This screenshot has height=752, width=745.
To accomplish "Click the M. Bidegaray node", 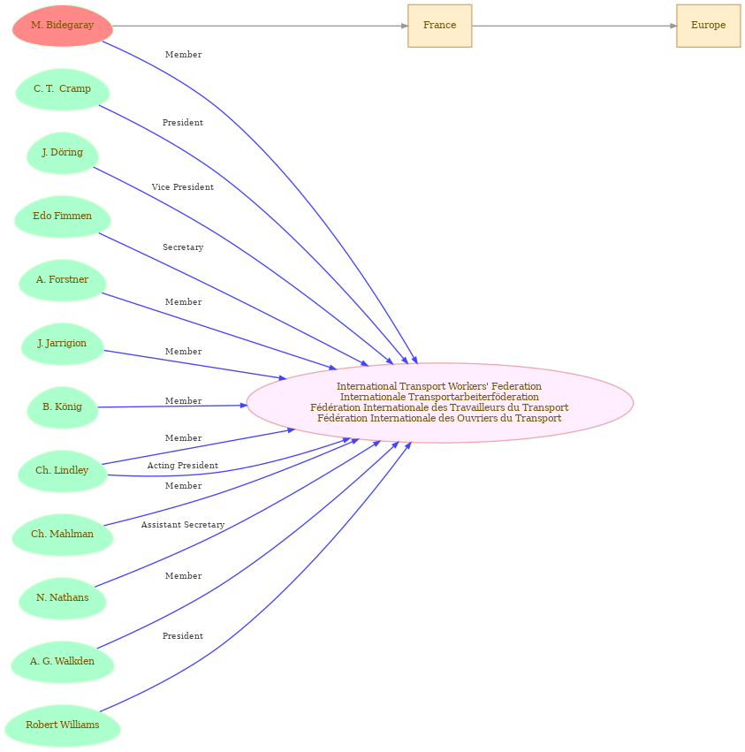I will tap(62, 26).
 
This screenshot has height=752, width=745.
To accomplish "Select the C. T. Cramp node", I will tap(62, 89).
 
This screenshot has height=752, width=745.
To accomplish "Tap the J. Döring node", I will tap(62, 153).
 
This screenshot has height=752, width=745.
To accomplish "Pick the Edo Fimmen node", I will tap(62, 216).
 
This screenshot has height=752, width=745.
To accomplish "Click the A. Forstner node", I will tap(62, 280).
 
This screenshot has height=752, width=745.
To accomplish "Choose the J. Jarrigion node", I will tap(62, 344).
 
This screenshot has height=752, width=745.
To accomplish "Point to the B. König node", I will tap(62, 407).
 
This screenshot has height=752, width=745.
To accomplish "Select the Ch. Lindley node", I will tap(62, 471).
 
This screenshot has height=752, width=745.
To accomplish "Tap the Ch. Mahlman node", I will tap(62, 535).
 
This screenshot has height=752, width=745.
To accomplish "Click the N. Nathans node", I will tap(62, 598).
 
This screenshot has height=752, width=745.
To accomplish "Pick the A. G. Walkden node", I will tap(62, 662).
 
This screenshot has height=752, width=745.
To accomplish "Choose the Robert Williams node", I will tap(62, 725).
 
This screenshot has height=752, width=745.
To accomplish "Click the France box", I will tap(439, 26).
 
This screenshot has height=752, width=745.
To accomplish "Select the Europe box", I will tap(708, 26).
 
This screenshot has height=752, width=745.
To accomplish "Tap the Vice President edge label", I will tap(182, 187).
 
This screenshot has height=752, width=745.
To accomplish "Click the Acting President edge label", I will tap(182, 466).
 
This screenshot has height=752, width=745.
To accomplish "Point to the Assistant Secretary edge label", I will tap(182, 525).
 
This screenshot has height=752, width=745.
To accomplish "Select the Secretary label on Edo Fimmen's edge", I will tap(182, 247).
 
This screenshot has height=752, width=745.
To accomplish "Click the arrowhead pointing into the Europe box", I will tap(673, 26).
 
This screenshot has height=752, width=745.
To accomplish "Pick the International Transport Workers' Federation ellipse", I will tap(439, 402).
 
